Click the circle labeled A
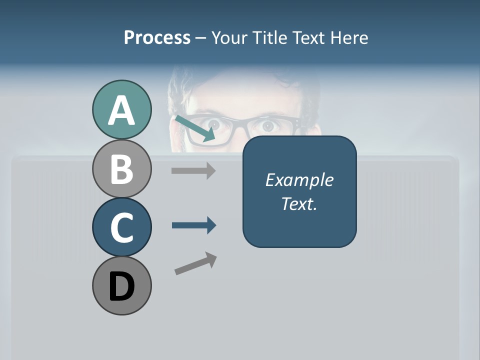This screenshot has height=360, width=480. (x=121, y=110)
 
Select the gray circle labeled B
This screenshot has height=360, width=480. (x=121, y=169)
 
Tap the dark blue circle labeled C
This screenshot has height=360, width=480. (x=121, y=227)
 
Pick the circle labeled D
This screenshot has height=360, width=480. (x=121, y=286)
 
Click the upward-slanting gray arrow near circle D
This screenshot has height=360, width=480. (x=195, y=263)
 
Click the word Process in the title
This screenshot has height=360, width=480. (x=157, y=37)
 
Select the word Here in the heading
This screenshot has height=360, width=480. (x=349, y=37)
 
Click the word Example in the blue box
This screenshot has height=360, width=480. (x=299, y=180)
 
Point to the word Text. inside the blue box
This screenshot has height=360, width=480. (x=299, y=203)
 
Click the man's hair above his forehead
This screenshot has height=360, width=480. (x=245, y=80)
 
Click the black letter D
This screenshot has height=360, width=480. (x=121, y=287)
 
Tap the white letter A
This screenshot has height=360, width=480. (x=121, y=111)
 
